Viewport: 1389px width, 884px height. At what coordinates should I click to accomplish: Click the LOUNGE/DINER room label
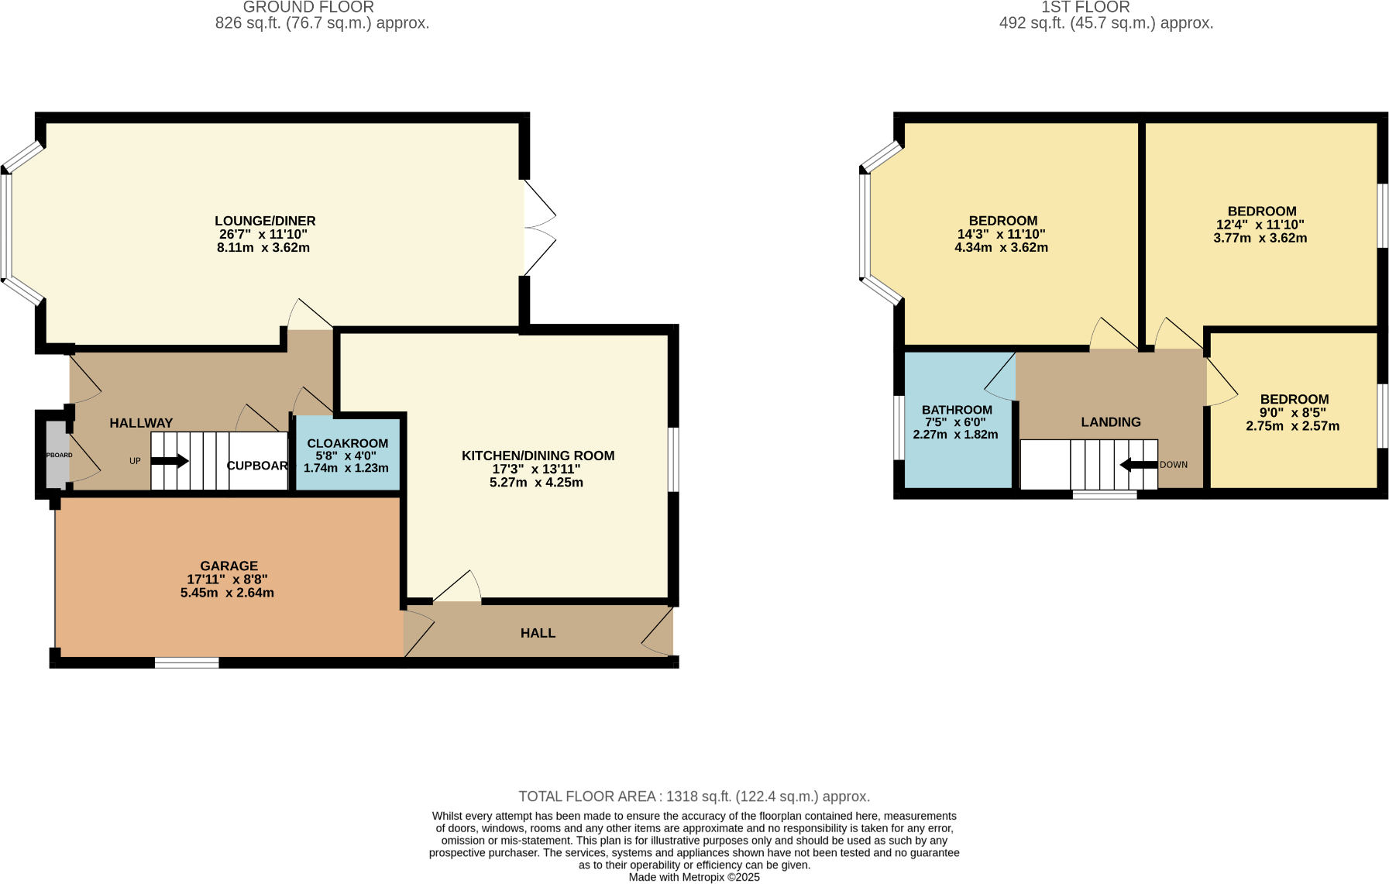coord(265,221)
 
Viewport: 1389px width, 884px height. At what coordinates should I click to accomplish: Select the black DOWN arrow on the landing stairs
coord(1138,465)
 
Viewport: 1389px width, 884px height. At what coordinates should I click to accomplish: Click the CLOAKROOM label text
coord(347,443)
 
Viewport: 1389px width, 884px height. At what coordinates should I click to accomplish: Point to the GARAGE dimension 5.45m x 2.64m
coord(227,593)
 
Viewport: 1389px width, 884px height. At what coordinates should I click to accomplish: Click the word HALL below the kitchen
coord(538,633)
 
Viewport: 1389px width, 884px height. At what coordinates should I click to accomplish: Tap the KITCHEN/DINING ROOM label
coord(538,456)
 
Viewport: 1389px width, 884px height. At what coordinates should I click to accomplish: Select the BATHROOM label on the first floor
coord(957,410)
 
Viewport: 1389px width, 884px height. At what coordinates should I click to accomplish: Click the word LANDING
coord(1111,422)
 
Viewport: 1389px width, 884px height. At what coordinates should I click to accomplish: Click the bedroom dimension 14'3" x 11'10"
coord(1001,234)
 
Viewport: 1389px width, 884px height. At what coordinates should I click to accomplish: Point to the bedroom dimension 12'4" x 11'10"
coord(1260,225)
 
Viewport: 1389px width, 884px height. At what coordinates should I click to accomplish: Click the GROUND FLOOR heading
coord(308,7)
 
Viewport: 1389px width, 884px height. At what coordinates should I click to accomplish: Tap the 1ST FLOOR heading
coord(1085,7)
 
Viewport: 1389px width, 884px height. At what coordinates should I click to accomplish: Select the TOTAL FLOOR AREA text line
coord(694,796)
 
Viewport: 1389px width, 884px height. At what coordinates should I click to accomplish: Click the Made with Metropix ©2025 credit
coord(694,877)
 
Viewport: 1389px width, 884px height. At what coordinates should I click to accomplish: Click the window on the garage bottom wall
coord(187,662)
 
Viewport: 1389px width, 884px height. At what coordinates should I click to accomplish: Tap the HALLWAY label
coord(141,423)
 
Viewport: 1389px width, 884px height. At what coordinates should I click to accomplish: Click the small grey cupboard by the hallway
coord(57,455)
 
